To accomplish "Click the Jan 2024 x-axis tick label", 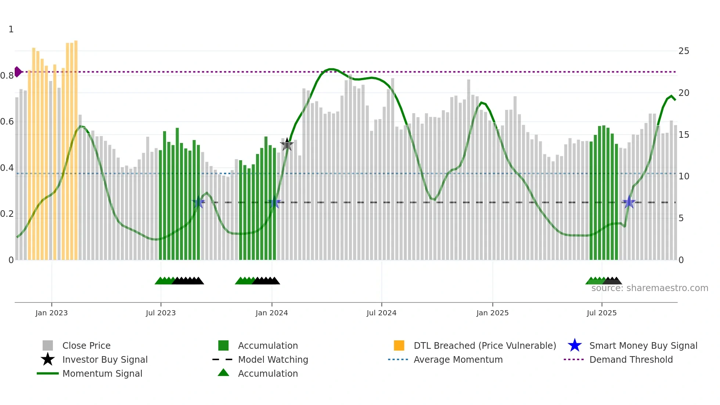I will (271, 313).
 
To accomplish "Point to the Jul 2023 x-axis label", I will (161, 313).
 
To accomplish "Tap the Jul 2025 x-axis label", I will (601, 313).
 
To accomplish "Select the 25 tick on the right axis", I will (684, 51).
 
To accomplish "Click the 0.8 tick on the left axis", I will (7, 76).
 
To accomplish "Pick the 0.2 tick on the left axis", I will (7, 214).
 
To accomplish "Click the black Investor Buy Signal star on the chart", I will (287, 144).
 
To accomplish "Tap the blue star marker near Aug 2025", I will (629, 202).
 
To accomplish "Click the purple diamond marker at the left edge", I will (18, 72).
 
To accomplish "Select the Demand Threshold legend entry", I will (631, 359).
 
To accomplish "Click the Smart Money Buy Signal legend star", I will (575, 345).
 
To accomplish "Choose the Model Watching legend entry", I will (273, 359).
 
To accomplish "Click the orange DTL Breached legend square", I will (399, 345).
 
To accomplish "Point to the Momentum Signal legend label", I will (102, 373).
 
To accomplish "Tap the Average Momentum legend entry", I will (458, 359).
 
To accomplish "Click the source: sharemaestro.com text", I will (649, 288).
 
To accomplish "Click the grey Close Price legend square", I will (48, 345).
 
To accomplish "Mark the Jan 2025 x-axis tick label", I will (492, 313).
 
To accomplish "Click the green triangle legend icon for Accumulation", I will (223, 373).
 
